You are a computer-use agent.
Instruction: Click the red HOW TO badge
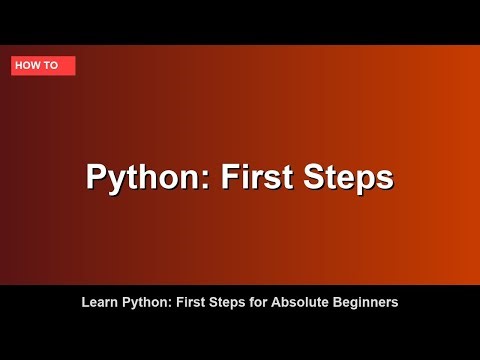tap(43, 66)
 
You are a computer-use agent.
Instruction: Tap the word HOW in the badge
tap(30, 66)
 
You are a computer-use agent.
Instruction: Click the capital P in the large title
tap(96, 177)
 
